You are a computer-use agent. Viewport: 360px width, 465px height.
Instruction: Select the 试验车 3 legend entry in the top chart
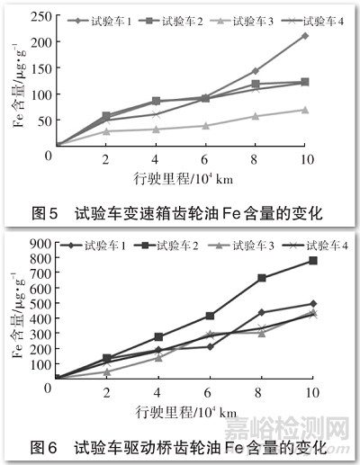click(x=249, y=20)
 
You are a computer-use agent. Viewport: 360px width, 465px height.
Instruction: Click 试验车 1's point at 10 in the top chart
click(x=305, y=36)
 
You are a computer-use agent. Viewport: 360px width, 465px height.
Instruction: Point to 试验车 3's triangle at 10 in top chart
click(x=305, y=110)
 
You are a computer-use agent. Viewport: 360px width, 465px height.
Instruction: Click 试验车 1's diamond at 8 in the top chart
click(x=256, y=71)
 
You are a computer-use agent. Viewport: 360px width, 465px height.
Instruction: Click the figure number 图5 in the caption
click(x=45, y=213)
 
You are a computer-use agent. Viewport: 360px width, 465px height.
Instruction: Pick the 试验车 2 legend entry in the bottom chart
click(x=180, y=245)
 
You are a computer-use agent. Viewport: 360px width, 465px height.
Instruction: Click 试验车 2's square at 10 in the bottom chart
click(x=313, y=261)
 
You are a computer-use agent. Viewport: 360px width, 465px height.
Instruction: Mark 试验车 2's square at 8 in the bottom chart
click(x=262, y=278)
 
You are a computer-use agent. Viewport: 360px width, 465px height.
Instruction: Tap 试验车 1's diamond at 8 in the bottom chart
click(x=262, y=312)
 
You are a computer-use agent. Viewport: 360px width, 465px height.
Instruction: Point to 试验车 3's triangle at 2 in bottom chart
click(x=107, y=371)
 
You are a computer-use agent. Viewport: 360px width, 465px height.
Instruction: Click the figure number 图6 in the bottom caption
click(x=45, y=444)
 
